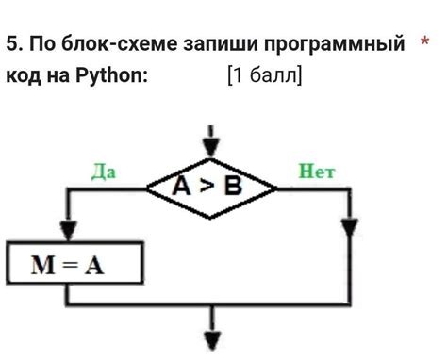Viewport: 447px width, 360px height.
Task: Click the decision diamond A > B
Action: click(210, 187)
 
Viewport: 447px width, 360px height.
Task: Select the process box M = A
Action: click(74, 264)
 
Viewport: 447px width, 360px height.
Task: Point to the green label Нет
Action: click(317, 172)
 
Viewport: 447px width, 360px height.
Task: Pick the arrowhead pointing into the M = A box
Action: click(66, 233)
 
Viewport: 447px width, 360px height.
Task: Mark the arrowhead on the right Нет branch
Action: click(350, 228)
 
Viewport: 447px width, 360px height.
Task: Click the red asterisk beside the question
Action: click(425, 42)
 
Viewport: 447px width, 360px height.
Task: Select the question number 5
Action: click(12, 44)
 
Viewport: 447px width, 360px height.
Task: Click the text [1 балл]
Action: click(265, 75)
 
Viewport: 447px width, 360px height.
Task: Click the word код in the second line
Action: click(23, 75)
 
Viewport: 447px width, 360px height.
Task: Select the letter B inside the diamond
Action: click(231, 187)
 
